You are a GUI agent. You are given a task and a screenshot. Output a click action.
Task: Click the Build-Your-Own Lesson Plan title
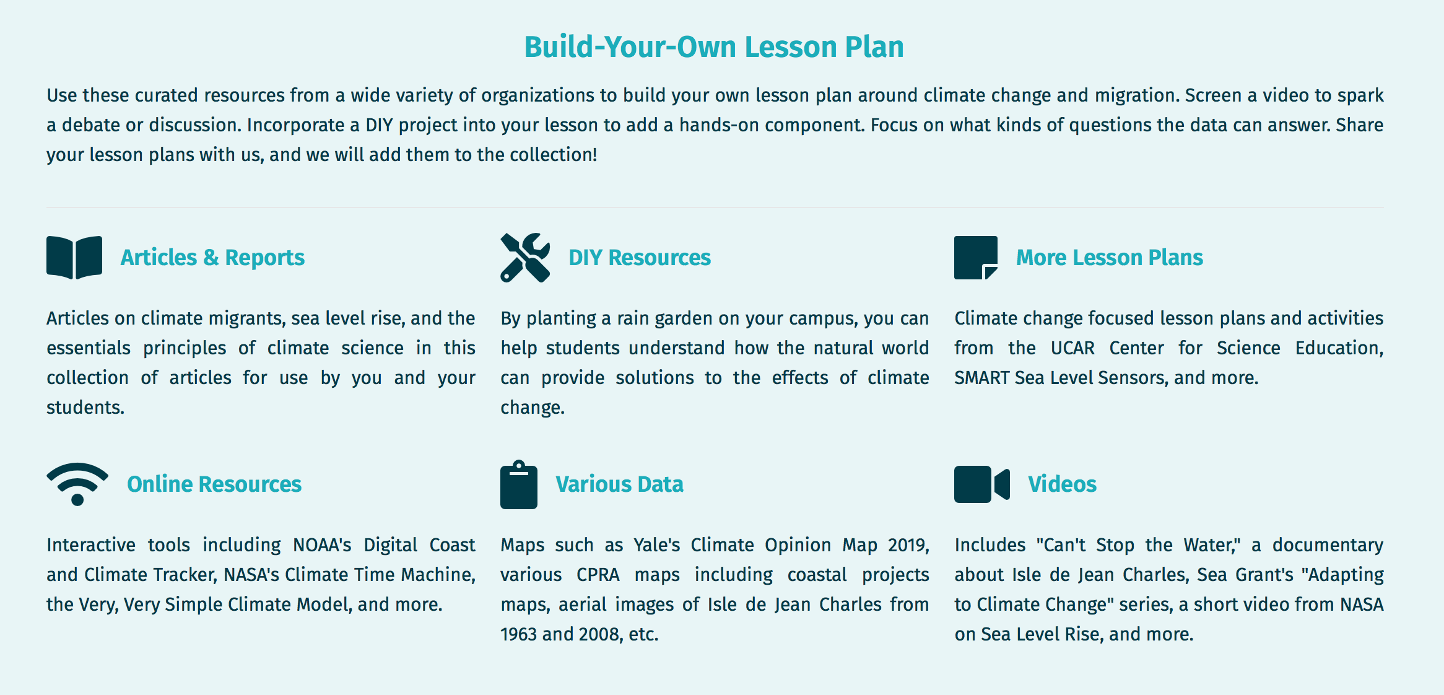tap(714, 47)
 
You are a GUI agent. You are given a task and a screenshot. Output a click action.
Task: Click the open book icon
tap(74, 258)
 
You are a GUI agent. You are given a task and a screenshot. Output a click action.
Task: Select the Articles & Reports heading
tap(212, 258)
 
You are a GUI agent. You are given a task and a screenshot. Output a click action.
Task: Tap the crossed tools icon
tap(525, 258)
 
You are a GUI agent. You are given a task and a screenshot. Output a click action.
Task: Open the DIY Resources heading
tap(640, 258)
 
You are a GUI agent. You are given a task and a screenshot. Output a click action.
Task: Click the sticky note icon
tap(976, 258)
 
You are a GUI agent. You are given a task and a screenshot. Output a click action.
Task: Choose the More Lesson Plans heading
tap(1110, 258)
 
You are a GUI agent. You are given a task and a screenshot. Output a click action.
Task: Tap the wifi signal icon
tap(77, 484)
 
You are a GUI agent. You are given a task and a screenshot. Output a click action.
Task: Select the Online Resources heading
tap(214, 484)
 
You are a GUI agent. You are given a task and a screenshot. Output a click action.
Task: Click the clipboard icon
tap(519, 484)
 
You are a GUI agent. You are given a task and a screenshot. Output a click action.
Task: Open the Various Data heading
tap(619, 484)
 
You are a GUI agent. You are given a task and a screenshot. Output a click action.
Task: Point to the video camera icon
tap(982, 484)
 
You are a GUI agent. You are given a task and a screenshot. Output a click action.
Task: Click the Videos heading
tap(1063, 484)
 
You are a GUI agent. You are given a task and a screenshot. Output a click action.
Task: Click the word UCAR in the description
tap(1072, 348)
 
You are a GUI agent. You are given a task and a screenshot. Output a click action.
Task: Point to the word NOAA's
tap(322, 545)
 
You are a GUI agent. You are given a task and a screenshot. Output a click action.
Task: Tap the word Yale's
tap(656, 545)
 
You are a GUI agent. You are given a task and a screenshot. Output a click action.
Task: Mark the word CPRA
tap(598, 575)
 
